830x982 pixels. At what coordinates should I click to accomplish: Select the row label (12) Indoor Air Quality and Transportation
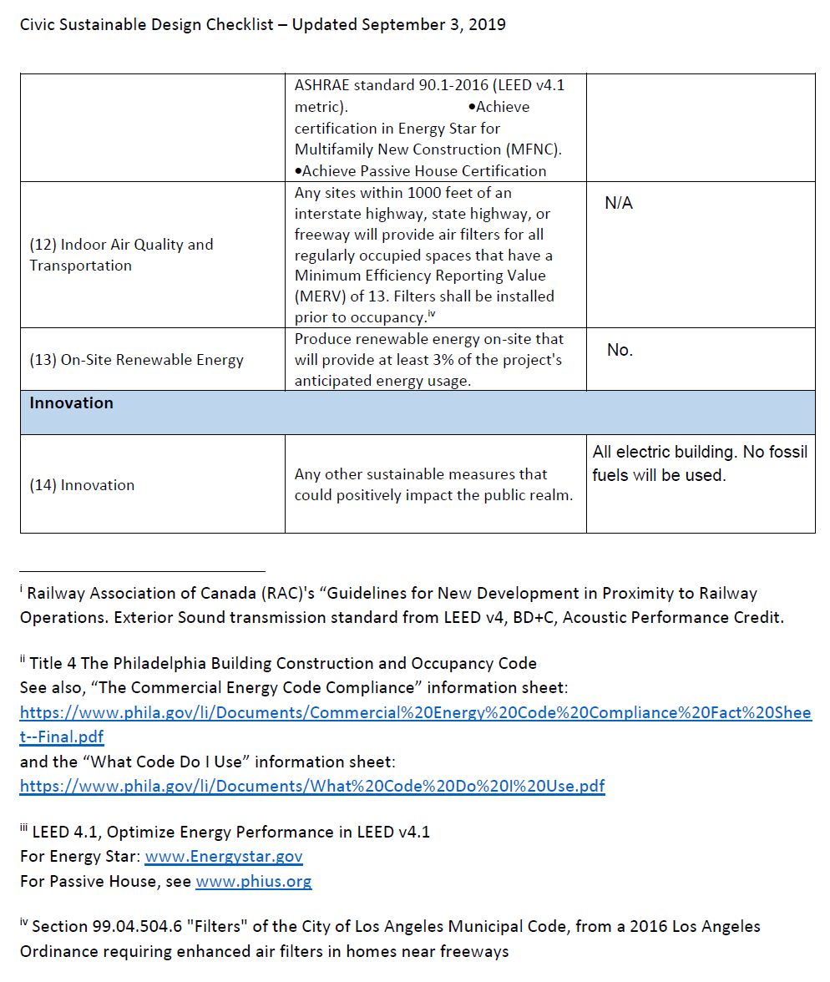pos(121,255)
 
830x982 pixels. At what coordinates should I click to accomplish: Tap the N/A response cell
pos(618,204)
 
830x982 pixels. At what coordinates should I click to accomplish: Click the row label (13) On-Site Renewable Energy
pos(136,360)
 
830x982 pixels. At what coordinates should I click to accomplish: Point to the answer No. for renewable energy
pos(620,350)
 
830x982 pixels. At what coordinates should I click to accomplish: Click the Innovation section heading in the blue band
pos(71,402)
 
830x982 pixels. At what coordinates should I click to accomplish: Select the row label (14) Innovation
pos(82,485)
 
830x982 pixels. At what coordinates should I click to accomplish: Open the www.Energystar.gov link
pos(224,857)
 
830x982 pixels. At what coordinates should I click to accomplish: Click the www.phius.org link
pos(253,882)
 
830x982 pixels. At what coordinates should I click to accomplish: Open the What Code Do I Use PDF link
pos(311,787)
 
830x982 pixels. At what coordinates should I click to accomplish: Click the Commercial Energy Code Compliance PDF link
pos(415,713)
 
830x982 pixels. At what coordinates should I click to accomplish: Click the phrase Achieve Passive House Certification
pos(423,171)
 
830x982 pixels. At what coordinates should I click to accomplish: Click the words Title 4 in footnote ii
pos(53,664)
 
